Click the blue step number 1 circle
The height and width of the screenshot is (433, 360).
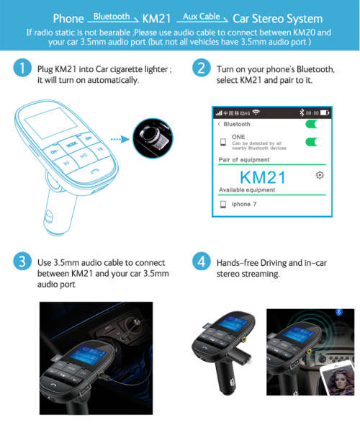[22, 69]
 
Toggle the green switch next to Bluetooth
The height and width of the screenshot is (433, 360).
[313, 124]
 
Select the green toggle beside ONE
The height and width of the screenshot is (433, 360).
[313, 141]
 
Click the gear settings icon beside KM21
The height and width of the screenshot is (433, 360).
[320, 176]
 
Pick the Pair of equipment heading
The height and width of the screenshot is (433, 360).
[245, 159]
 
